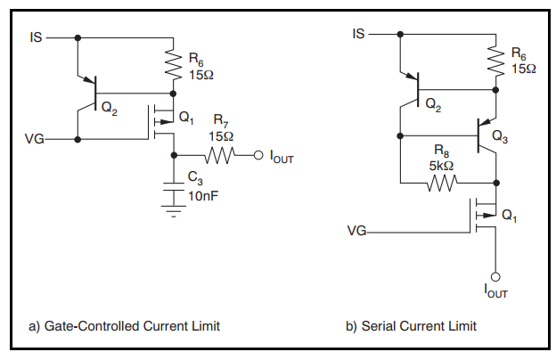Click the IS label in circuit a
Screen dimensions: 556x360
point(36,37)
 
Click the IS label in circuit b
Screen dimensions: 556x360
point(358,34)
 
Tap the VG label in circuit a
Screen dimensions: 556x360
point(35,139)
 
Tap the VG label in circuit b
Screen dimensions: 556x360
point(356,232)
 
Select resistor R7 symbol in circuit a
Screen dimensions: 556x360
point(220,155)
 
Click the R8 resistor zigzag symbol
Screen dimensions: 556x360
point(442,183)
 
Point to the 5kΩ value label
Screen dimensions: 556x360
point(441,166)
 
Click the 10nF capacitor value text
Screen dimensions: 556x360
point(203,196)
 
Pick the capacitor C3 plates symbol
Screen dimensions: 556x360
point(174,187)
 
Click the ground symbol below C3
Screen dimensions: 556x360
point(174,210)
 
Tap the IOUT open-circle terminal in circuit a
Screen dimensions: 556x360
point(258,155)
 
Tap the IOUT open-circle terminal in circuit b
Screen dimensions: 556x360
point(495,276)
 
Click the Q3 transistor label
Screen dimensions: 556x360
point(500,136)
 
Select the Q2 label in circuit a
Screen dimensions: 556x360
point(110,108)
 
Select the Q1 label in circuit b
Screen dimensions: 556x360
point(509,216)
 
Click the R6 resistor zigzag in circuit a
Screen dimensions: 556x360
point(174,64)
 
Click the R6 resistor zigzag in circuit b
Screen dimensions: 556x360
point(495,61)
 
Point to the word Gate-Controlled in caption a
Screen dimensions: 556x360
point(92,326)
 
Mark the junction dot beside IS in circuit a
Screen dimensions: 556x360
point(78,37)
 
